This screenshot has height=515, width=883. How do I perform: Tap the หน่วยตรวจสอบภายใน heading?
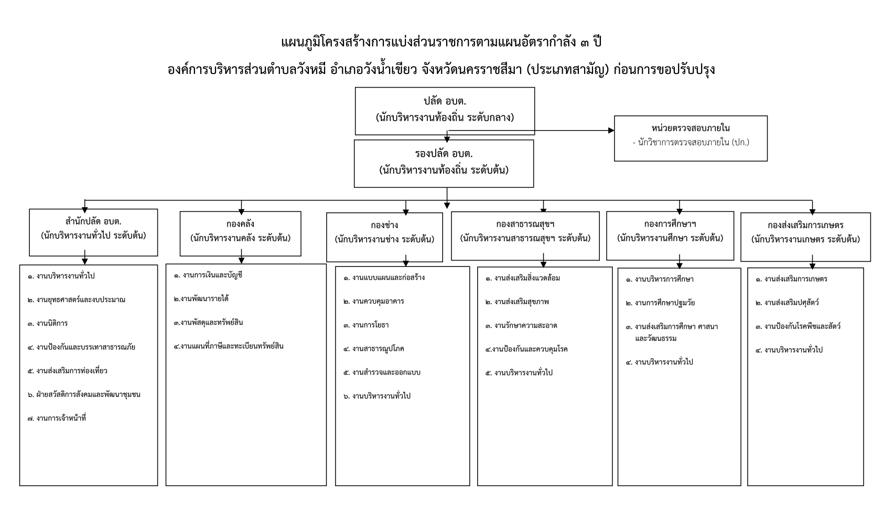[x=691, y=128]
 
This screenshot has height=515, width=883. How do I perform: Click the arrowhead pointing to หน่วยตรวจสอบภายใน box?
[x=611, y=130]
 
